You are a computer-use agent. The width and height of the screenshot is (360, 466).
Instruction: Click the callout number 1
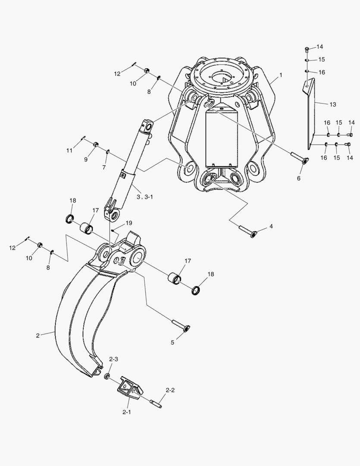(281, 75)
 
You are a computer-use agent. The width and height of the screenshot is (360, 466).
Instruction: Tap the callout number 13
(333, 104)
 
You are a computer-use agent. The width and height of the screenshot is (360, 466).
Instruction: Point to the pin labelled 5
(181, 325)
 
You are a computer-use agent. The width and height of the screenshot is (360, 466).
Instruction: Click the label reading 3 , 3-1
(145, 197)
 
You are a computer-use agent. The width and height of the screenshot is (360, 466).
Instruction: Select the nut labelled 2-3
(106, 376)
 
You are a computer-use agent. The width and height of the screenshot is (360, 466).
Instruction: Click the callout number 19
(128, 223)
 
